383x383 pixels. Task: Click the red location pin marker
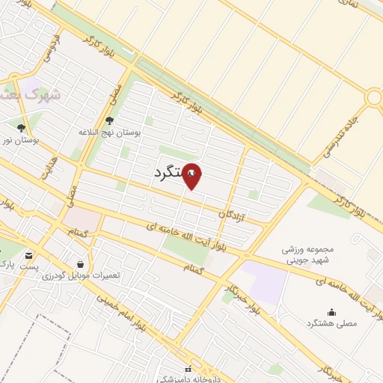click(192, 175)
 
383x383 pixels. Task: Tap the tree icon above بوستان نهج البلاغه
click(109, 120)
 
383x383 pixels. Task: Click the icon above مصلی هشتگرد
click(331, 313)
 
